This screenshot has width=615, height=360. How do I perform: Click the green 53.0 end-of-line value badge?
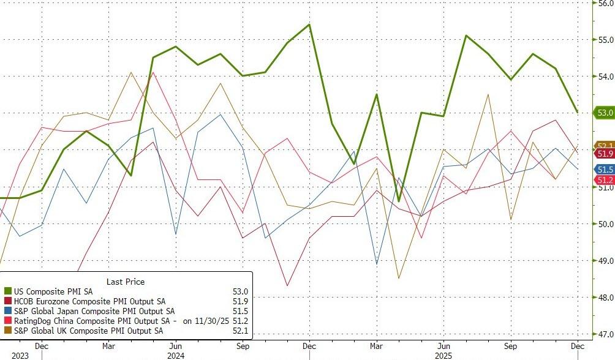605,113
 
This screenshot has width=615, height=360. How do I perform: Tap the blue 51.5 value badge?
605,169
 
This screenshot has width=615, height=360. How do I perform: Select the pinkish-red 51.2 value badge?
605,179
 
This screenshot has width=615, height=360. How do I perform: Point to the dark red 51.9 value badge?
605,153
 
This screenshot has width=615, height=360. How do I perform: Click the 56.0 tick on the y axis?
605,3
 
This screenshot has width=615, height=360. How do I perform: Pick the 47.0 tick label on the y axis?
605,334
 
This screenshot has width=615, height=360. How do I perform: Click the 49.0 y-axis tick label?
605,261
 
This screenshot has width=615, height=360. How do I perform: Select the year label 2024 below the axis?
175,355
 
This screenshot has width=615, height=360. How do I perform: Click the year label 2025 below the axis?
443,355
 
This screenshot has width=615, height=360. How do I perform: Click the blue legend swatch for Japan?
8,312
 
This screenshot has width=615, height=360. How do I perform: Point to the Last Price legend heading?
126,282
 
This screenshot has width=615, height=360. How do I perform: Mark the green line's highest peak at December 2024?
309,24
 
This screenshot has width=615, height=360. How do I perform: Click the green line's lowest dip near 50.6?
399,201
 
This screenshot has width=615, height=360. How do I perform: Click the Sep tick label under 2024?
243,346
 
